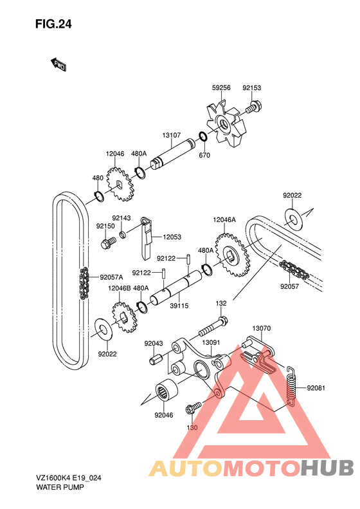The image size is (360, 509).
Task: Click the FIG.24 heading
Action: [x=53, y=24]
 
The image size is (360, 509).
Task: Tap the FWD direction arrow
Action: [x=59, y=64]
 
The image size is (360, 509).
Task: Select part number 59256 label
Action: [x=221, y=88]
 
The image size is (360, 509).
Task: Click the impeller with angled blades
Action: [x=227, y=124]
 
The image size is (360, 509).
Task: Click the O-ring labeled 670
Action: [x=203, y=136]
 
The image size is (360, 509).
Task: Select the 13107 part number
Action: [x=172, y=135]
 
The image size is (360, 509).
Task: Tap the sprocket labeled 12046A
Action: [x=233, y=255]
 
